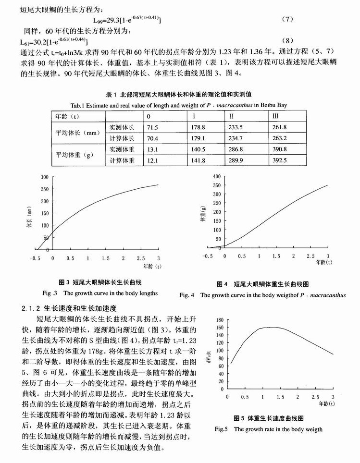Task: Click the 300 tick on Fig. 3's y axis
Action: pos(44,177)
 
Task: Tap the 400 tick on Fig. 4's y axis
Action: pos(216,176)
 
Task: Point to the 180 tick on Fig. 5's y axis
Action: pos(220,320)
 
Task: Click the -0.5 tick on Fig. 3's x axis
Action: pos(35,258)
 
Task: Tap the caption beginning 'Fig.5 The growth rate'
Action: pos(268,429)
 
